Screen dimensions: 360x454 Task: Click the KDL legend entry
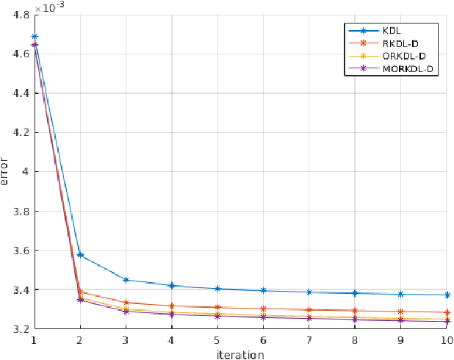click(401, 31)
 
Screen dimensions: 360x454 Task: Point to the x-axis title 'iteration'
click(240, 354)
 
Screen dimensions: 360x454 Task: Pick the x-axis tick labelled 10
click(446, 340)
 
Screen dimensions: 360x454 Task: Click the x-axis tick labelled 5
click(217, 340)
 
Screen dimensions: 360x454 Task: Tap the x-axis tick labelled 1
click(35, 340)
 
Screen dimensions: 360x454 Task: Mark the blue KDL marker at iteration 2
click(80, 255)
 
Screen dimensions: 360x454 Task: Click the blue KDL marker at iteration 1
click(35, 36)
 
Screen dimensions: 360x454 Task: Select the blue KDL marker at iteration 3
click(126, 280)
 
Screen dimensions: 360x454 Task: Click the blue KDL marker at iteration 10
click(446, 295)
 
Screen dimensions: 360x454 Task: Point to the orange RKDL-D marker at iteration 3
click(126, 302)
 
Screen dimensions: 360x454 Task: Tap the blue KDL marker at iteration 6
click(263, 290)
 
